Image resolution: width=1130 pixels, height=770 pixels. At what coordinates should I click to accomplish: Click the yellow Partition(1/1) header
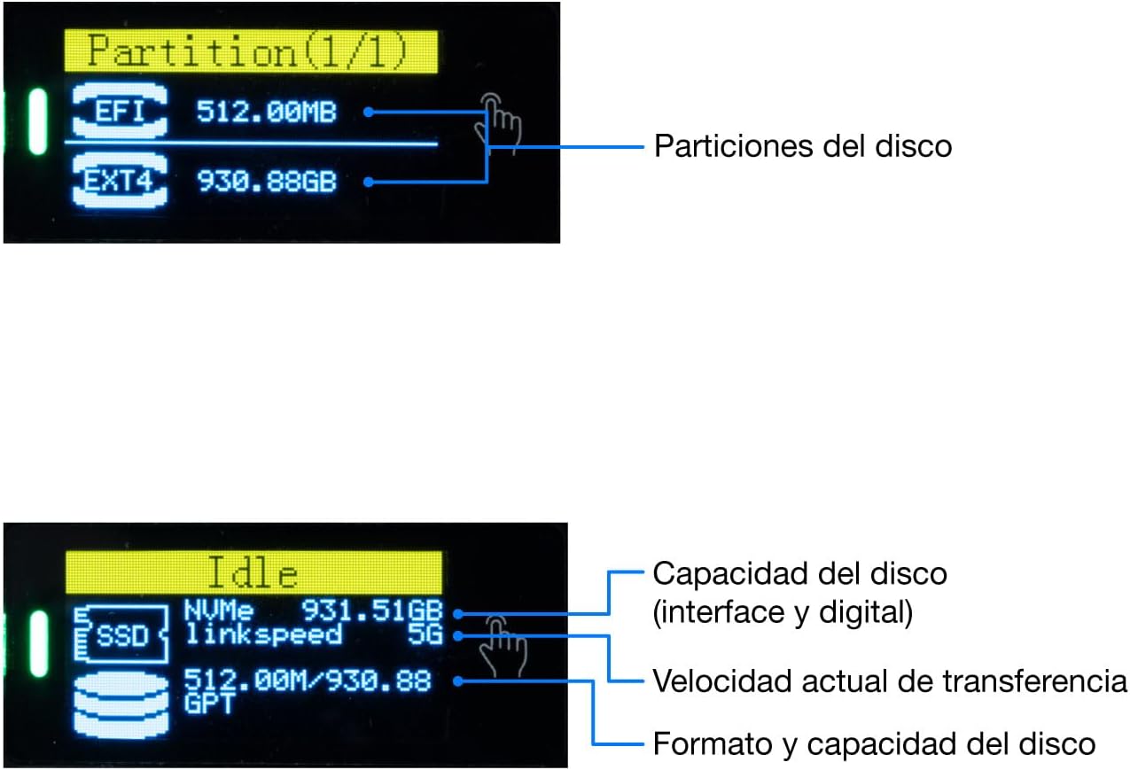[x=251, y=51]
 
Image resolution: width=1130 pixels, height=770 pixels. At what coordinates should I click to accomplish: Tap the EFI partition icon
[x=120, y=111]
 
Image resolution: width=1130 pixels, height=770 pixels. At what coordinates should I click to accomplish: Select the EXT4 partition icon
[x=120, y=181]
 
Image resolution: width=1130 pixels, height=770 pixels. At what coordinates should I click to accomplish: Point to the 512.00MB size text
[x=266, y=112]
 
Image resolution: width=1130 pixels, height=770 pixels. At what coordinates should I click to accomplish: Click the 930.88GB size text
[x=267, y=181]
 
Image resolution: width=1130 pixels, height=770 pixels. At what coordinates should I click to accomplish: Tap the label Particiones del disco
[x=803, y=146]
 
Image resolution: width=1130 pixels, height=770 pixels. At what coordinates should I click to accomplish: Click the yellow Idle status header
[x=253, y=572]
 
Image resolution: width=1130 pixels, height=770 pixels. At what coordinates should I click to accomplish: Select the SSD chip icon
[x=121, y=634]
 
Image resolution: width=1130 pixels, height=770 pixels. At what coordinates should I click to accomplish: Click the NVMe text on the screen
[x=218, y=611]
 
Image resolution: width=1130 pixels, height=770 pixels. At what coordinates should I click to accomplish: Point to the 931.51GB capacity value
[x=371, y=611]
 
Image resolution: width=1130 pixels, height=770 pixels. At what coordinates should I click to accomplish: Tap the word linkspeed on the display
[x=263, y=634]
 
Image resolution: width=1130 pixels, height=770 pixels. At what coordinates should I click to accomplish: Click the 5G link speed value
[x=425, y=634]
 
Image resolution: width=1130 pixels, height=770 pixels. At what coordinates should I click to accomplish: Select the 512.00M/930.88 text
[x=308, y=681]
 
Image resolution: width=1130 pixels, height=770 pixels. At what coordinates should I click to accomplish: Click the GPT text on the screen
[x=209, y=703]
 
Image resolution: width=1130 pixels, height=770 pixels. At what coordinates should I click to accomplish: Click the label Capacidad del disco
[x=799, y=574]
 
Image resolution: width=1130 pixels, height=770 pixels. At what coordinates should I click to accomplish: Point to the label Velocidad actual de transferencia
[x=889, y=681]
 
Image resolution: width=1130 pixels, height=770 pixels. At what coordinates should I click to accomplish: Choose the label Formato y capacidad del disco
[x=874, y=743]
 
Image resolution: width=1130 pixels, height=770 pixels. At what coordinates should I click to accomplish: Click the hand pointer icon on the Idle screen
[x=503, y=645]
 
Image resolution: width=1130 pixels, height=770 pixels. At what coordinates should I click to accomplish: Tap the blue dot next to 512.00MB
[x=369, y=112]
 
